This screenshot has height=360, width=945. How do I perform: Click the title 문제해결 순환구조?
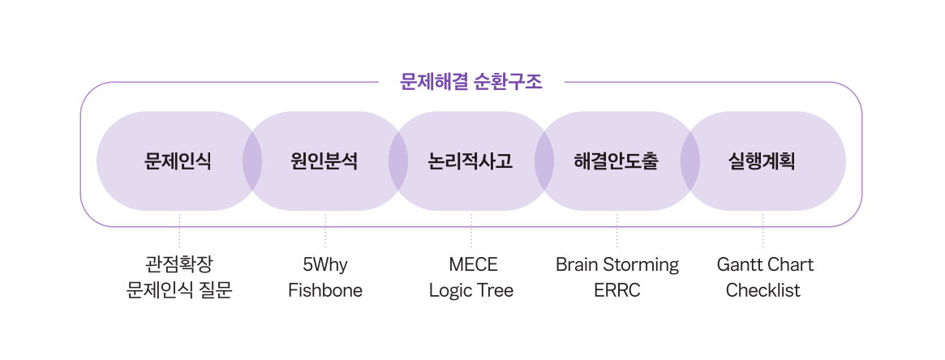471,82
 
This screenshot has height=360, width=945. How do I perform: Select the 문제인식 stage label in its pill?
178,161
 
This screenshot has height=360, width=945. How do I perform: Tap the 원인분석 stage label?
324,161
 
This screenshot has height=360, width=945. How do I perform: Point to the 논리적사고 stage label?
470,161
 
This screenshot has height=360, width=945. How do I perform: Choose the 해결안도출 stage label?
616,161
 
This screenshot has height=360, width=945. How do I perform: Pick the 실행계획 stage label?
762,161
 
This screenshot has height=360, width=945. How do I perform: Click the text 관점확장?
179,264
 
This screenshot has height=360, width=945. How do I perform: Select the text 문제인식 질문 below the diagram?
179,290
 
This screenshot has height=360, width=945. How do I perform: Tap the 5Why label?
325,264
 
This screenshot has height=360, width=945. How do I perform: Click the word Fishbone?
325,290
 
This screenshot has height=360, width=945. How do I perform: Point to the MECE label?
472,264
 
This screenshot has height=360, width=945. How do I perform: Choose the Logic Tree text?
471,290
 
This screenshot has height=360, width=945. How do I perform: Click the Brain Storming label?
617,264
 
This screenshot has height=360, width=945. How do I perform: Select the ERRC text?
617,290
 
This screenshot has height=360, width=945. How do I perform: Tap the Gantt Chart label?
764,264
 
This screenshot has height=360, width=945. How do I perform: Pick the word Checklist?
763,290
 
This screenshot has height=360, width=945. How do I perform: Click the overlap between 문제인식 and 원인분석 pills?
252,161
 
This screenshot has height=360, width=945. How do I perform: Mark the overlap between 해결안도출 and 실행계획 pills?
690,161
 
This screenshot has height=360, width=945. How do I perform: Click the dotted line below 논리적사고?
471,231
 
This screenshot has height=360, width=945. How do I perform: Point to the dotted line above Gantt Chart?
763,231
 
